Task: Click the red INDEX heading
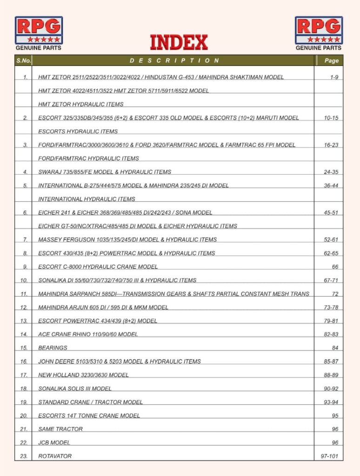coord(179,42)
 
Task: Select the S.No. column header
coord(23,60)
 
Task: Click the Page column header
coord(331,60)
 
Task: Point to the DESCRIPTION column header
coord(174,60)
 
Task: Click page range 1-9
coord(333,77)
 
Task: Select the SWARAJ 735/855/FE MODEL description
coord(105,172)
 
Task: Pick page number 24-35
coord(331,172)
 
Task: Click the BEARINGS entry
coord(53,348)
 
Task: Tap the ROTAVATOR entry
coord(55,456)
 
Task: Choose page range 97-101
coord(329,456)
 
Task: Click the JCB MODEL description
coord(54,443)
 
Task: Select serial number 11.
coord(24,294)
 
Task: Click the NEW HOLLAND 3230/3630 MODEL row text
coord(83,375)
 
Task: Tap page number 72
coord(335,294)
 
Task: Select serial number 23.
coord(24,456)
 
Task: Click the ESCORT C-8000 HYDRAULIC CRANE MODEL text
coord(98,267)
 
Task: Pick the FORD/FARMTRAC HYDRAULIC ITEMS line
coord(88,159)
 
